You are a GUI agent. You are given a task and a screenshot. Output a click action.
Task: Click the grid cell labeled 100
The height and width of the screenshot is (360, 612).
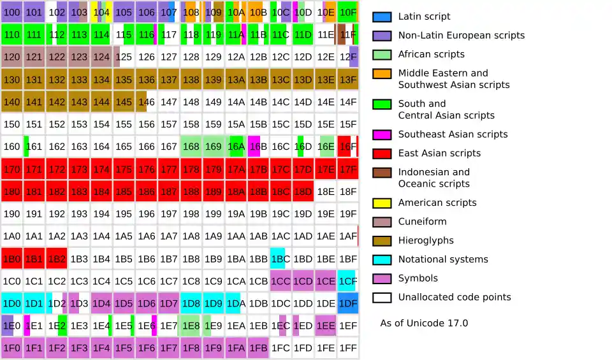12,12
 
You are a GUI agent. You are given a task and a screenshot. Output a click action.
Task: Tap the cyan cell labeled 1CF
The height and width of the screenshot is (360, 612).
347,281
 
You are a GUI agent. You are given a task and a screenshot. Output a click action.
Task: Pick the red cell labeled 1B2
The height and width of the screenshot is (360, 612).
57,259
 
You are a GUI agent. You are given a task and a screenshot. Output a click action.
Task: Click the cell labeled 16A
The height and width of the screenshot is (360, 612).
236,147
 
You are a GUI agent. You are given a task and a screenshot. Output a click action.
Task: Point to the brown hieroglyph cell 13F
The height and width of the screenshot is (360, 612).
347,80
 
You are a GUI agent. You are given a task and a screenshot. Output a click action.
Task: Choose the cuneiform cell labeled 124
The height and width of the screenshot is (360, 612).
101,57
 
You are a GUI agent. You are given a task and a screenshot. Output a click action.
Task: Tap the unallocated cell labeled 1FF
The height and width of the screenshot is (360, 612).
347,349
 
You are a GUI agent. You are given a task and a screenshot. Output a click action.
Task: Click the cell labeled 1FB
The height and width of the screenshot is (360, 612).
258,349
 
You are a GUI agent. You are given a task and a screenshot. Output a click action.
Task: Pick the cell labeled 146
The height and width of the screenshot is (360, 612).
146,102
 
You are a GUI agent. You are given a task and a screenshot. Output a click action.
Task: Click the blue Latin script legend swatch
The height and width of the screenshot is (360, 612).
382,17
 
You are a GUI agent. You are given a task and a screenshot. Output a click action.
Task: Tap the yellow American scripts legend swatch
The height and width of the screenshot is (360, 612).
382,203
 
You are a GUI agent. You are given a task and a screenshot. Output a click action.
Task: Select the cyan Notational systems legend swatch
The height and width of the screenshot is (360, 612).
382,260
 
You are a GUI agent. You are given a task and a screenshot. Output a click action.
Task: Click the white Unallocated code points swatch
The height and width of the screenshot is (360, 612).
382,298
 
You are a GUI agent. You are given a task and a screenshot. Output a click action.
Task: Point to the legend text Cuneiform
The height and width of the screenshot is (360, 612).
422,222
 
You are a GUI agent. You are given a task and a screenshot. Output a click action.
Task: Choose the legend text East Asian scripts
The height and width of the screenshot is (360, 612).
439,154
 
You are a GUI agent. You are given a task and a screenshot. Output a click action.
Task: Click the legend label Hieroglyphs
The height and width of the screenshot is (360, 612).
426,241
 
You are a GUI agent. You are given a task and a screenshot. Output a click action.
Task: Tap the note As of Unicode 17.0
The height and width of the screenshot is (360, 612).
424,323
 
